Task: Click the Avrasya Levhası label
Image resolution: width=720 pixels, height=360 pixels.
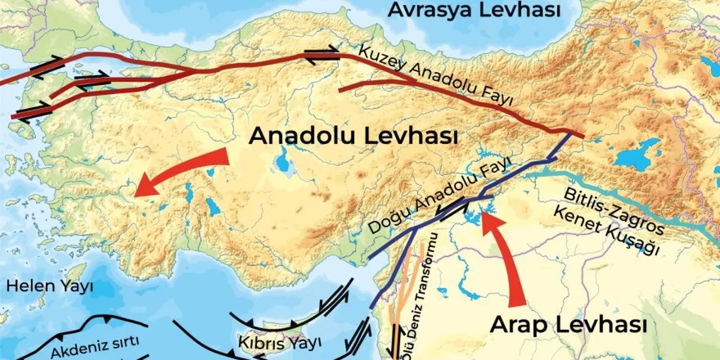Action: click(x=475, y=10)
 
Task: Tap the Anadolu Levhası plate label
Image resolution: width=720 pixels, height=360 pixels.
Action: click(x=353, y=136)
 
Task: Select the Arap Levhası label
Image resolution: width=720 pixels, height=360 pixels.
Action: click(x=568, y=325)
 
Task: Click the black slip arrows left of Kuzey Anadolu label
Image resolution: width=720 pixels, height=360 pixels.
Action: click(x=322, y=54)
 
